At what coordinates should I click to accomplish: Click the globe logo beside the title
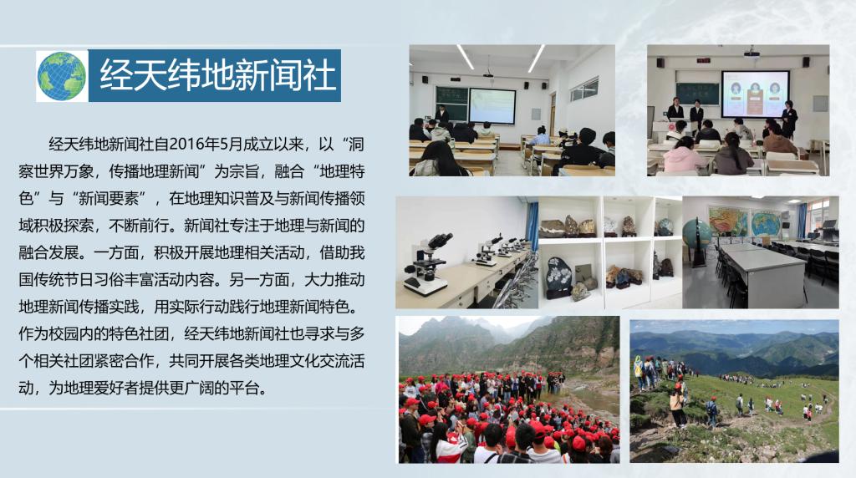62,76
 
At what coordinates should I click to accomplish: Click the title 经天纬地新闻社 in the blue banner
217,75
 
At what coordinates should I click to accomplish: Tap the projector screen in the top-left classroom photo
492,105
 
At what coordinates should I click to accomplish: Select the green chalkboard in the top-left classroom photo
451,103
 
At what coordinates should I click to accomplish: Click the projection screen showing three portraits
755,94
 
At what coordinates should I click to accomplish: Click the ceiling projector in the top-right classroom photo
752,53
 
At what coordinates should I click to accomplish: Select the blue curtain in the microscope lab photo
532,226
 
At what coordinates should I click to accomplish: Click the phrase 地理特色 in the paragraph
342,171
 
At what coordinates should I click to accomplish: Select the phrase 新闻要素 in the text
109,198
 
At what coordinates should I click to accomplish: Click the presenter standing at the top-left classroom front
441,115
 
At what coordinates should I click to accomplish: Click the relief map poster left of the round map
728,221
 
